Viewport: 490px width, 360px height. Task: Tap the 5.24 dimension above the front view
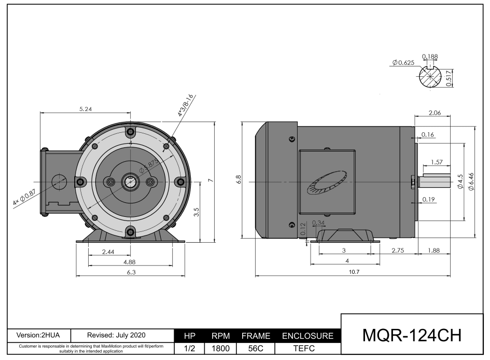86,109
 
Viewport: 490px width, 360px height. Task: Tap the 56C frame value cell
256,349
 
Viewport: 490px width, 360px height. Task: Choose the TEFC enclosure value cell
308,349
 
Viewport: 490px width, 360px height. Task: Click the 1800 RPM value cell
220,349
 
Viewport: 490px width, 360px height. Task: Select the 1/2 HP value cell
189,349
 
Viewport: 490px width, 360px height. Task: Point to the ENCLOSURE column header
307,336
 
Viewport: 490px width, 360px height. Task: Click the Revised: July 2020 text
113,336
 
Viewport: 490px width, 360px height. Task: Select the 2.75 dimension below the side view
397,250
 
